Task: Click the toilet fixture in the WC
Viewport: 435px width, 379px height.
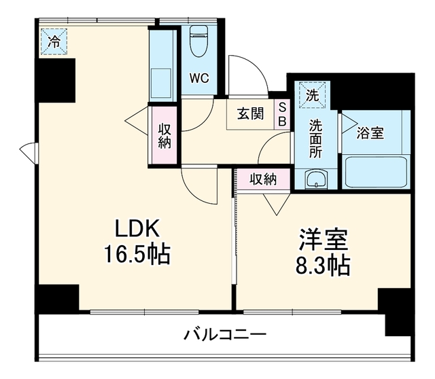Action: [199, 41]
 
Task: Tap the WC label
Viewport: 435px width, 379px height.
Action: [199, 79]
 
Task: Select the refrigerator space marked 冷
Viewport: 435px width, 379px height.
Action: [54, 41]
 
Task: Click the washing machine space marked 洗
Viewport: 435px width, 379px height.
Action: [312, 95]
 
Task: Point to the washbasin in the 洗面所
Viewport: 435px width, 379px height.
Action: [316, 180]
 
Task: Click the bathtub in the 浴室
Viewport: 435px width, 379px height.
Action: [376, 172]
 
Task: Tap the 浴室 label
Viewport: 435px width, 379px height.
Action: [370, 133]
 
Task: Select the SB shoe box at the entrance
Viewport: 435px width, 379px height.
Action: [282, 114]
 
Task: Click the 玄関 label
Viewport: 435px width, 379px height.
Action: [250, 113]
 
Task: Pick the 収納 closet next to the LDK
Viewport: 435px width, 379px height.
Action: [164, 135]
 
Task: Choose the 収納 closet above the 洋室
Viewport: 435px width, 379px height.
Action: [263, 179]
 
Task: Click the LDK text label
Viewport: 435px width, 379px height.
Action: [137, 228]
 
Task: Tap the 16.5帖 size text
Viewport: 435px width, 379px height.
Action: [137, 253]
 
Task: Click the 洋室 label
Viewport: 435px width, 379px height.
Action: [324, 240]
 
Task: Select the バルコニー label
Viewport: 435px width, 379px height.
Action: [225, 335]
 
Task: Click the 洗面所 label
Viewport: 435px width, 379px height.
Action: [315, 139]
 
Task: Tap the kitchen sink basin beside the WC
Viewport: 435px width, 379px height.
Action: [161, 82]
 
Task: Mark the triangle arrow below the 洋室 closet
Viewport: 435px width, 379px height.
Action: [277, 204]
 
